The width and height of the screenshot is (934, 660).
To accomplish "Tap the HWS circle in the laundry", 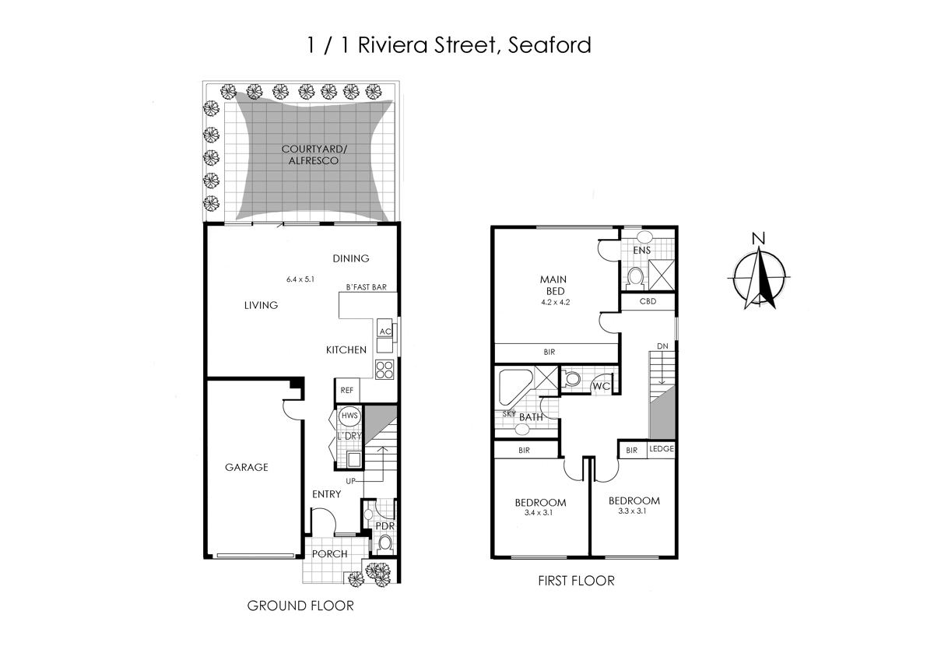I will tap(349, 416).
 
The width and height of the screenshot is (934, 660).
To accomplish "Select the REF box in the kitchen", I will tap(346, 390).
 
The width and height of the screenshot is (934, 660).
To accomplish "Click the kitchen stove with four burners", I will tap(384, 368).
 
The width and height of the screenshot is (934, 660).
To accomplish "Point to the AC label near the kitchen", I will tap(384, 331).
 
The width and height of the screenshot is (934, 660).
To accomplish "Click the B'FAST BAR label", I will tap(366, 287).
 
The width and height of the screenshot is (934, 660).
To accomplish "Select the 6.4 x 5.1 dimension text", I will tap(300, 279).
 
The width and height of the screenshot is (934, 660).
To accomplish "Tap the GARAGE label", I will tap(246, 467).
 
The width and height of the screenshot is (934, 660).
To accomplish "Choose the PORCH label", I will tap(328, 553).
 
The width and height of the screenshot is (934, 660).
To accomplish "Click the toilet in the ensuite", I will tap(634, 276).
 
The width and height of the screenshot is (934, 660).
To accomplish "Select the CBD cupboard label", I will tap(647, 301).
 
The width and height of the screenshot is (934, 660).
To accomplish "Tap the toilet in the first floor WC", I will tap(572, 379).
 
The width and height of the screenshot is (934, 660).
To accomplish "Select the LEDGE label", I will tap(661, 449).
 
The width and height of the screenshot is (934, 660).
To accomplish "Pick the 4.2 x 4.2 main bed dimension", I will tap(556, 303).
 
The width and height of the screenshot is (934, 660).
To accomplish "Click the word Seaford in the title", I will tap(549, 44).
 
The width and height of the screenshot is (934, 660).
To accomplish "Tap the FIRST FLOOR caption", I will tap(576, 580).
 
